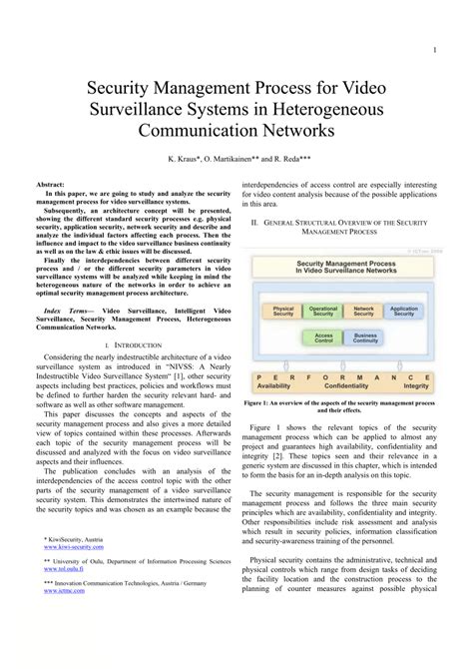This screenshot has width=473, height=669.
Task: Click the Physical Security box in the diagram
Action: (283, 312)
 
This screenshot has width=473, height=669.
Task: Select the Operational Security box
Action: (323, 312)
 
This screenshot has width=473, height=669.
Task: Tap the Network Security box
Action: (364, 312)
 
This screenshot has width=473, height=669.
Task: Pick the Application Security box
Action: (404, 312)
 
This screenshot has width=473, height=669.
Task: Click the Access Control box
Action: (323, 337)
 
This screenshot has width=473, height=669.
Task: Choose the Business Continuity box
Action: (364, 337)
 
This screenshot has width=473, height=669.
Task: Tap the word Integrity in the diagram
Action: (411, 383)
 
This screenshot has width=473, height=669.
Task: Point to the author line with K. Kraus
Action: (236, 159)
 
